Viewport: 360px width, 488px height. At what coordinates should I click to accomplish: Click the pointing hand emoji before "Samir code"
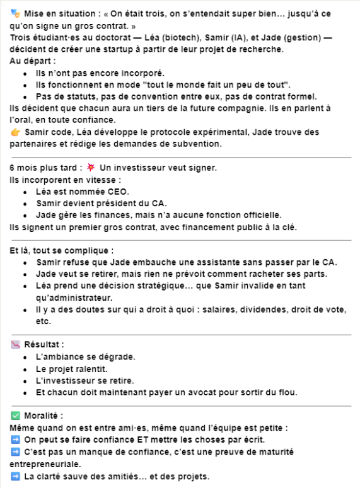16,132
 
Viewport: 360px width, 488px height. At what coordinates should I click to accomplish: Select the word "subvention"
197,144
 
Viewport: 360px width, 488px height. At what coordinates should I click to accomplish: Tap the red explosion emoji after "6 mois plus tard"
91,168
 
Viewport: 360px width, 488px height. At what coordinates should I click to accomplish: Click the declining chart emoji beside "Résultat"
16,346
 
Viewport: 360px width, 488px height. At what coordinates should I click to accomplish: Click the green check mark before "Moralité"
16,416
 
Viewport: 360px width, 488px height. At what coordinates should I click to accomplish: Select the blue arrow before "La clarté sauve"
16,476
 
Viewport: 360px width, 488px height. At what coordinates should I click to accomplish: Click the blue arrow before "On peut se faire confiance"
16,440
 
